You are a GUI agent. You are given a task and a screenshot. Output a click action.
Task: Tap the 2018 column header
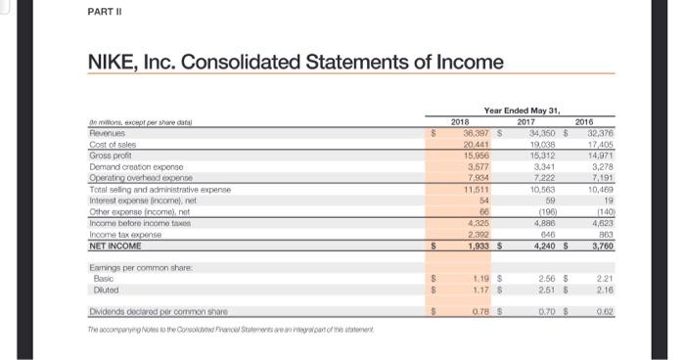pos(460,121)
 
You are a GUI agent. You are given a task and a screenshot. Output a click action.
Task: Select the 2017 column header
pos(527,121)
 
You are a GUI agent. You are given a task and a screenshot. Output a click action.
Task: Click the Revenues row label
pos(108,131)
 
